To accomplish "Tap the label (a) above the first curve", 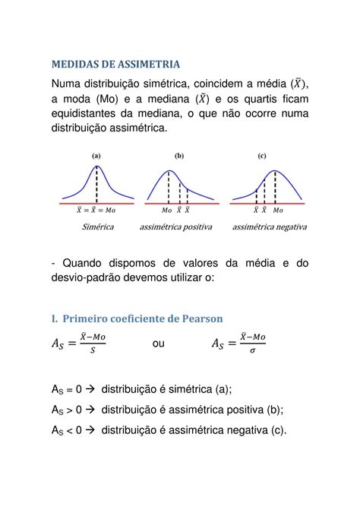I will point(96,155).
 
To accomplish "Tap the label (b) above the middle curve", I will point(179,155).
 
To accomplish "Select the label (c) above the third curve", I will point(261,155).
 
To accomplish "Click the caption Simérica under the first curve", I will point(96,226).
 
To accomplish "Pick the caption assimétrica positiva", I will point(175,226).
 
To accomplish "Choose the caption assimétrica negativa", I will point(270,226).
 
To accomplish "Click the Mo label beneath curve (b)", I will point(166,210).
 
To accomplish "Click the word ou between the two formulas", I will point(159,344).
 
